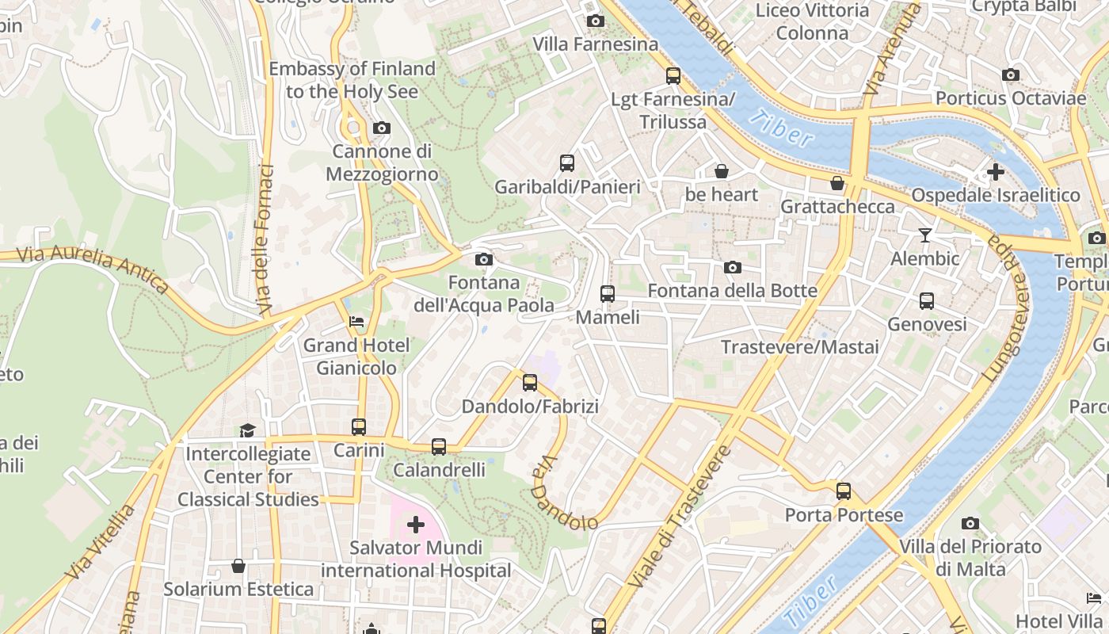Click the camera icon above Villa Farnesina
pos(596,21)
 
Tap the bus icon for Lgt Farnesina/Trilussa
pos(673,76)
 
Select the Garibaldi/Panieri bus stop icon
pos(567,163)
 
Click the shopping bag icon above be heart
pos(721,171)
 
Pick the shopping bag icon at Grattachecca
pos(837,184)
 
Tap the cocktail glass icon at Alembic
pos(924,235)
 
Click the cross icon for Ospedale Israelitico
pos(995,172)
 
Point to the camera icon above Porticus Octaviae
pos(1010,75)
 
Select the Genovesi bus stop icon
pos(927,301)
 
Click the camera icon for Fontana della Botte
pos(733,268)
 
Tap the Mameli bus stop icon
pos(608,294)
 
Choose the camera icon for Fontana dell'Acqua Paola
pos(483,260)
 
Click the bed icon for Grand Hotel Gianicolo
pos(356,322)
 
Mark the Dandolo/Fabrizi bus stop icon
pos(530,384)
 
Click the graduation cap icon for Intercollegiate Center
pos(247,430)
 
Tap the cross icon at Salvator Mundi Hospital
pos(416,525)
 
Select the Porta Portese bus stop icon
pos(844,491)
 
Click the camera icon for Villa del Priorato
pos(970,524)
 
